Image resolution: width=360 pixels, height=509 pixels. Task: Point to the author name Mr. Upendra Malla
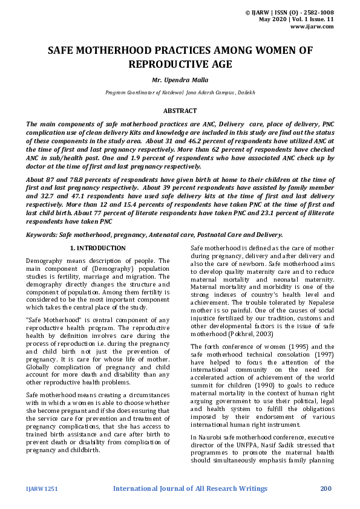pyautogui.click(x=180, y=79)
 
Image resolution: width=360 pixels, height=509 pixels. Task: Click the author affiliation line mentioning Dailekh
pyautogui.click(x=180, y=92)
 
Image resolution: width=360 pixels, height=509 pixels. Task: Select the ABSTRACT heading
pyautogui.click(x=180, y=111)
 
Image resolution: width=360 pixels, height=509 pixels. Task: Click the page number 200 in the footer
pyautogui.click(x=326, y=488)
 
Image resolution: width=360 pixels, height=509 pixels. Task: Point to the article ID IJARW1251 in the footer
pyautogui.click(x=42, y=488)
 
